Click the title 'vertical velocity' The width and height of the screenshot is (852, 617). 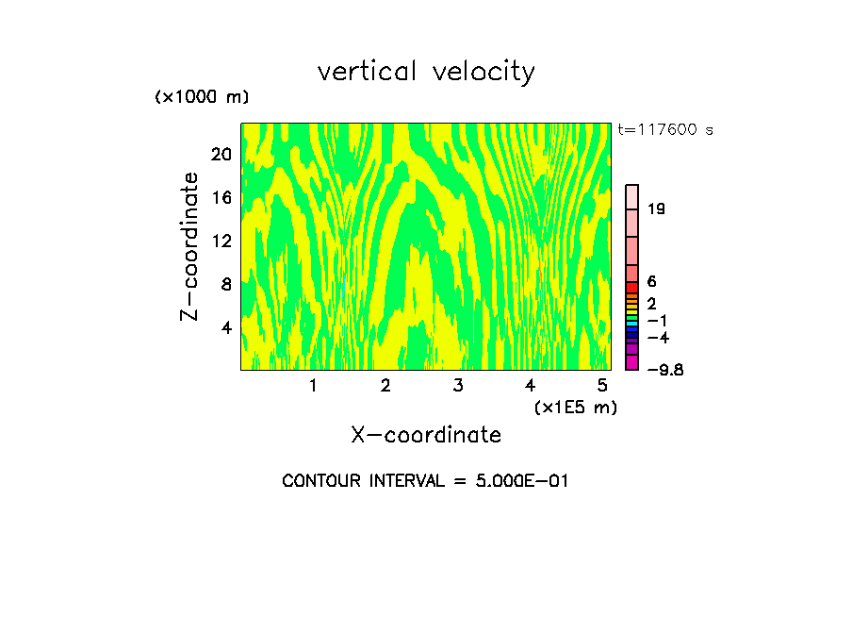(426, 72)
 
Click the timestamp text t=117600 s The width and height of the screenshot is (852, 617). (664, 129)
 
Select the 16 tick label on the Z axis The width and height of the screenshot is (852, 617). (221, 197)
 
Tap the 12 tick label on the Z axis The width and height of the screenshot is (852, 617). (221, 241)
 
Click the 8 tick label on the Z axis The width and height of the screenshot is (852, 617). (225, 284)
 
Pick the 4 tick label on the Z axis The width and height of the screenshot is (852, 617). (225, 327)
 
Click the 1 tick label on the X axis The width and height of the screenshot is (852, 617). (313, 386)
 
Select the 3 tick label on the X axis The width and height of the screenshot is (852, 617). (458, 386)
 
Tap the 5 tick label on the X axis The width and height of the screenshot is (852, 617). (602, 386)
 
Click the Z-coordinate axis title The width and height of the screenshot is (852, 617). (190, 246)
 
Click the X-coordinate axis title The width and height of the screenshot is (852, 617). (426, 435)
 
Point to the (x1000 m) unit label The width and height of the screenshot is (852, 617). (201, 97)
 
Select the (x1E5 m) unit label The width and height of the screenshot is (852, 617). (575, 408)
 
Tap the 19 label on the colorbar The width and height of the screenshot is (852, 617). (657, 208)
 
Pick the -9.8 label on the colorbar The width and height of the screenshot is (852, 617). (664, 370)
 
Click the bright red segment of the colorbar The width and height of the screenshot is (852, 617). (632, 287)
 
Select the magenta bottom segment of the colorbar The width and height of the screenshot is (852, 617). (632, 363)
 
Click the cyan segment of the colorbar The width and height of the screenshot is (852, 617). (632, 323)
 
